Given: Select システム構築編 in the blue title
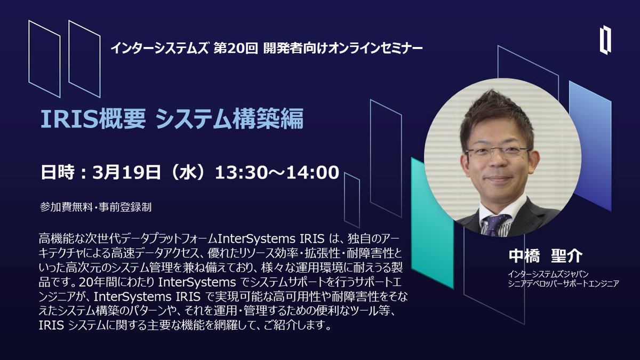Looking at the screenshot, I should click(229, 119).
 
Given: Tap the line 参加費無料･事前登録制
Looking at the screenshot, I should click(95, 207).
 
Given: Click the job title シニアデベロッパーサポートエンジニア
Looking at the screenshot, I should click(563, 284).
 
